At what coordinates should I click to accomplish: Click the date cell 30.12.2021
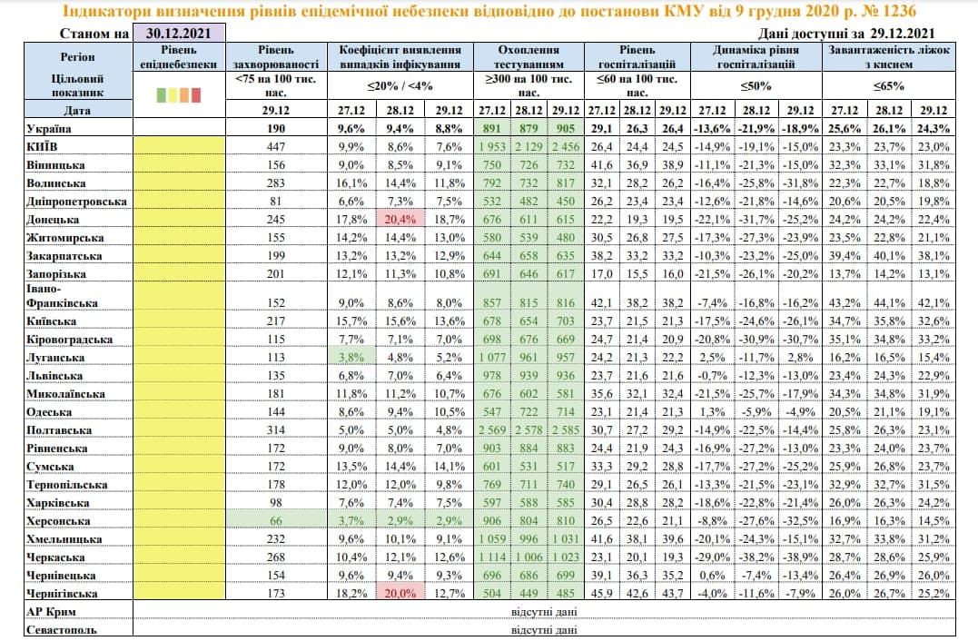[177, 34]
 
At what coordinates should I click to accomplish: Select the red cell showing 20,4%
[400, 220]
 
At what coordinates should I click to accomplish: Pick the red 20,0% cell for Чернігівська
[400, 593]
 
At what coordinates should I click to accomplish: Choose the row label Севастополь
[62, 629]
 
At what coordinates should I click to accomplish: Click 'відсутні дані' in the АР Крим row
[543, 612]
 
